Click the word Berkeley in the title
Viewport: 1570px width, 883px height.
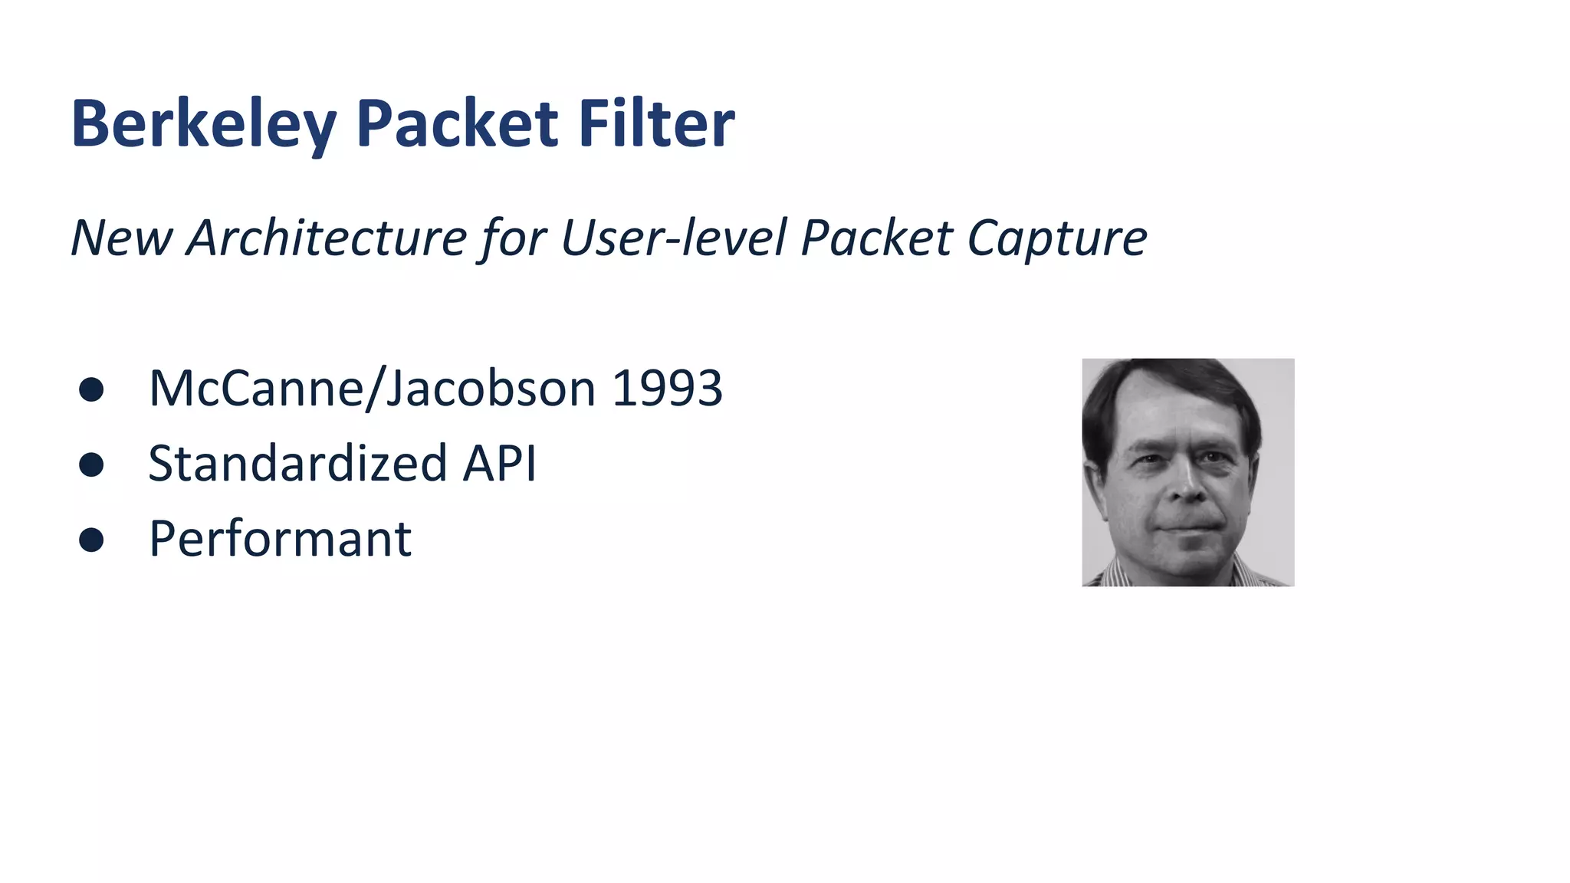204,124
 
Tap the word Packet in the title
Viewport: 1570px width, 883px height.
457,124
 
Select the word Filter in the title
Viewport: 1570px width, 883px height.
656,124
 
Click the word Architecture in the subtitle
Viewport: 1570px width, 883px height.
327,238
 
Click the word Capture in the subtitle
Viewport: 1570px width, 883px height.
1057,239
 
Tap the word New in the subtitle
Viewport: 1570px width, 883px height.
121,238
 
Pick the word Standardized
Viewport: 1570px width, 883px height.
297,463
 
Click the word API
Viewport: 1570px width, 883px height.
499,463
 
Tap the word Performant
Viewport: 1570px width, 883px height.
280,539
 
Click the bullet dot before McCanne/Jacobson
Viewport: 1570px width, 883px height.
91,389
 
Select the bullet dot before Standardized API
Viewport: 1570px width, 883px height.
91,464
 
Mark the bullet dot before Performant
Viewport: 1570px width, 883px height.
91,540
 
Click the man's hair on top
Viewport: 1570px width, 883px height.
1173,379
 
